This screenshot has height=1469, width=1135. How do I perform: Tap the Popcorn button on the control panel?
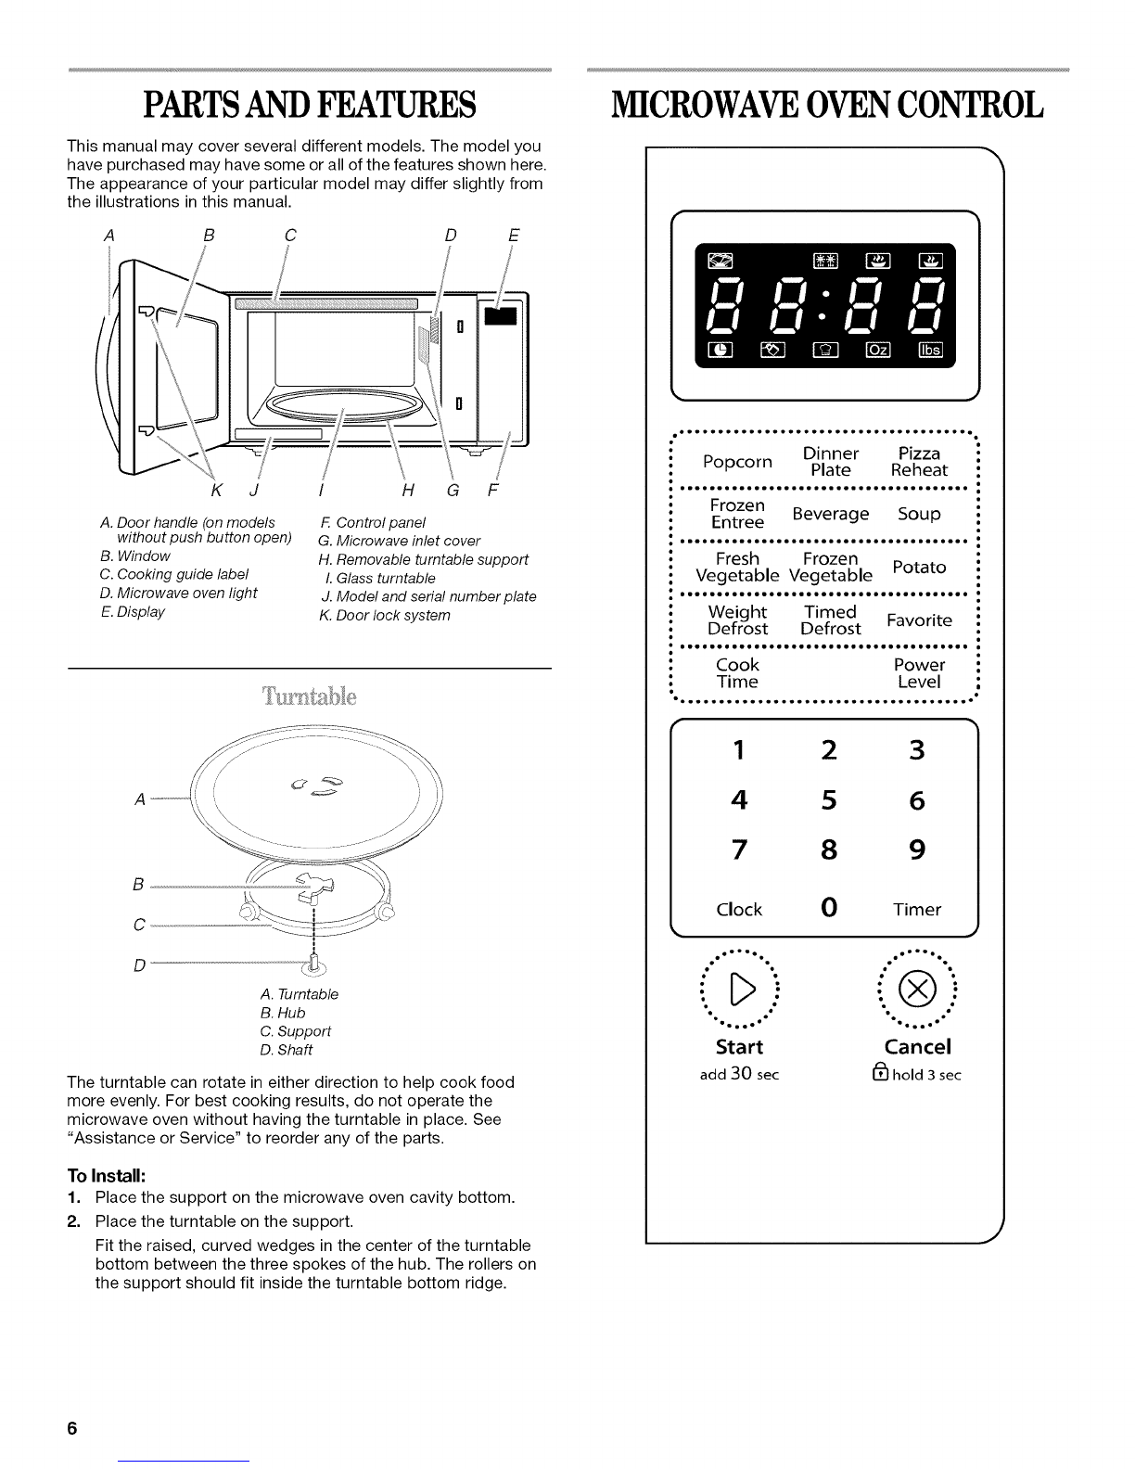[737, 462]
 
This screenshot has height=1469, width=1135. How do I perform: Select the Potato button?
[918, 567]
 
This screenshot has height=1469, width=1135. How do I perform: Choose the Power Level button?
[919, 673]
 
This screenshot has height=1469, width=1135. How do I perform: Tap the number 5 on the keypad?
[828, 800]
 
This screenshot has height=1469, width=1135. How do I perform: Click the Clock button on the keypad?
[739, 910]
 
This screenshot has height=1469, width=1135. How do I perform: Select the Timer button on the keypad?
[917, 910]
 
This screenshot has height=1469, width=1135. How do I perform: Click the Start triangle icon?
[739, 991]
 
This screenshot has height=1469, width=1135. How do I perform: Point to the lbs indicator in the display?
[929, 349]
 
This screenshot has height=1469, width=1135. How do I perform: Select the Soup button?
[918, 514]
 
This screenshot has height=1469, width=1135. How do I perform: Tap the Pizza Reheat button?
[919, 462]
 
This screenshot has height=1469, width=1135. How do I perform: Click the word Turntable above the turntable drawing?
[310, 697]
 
